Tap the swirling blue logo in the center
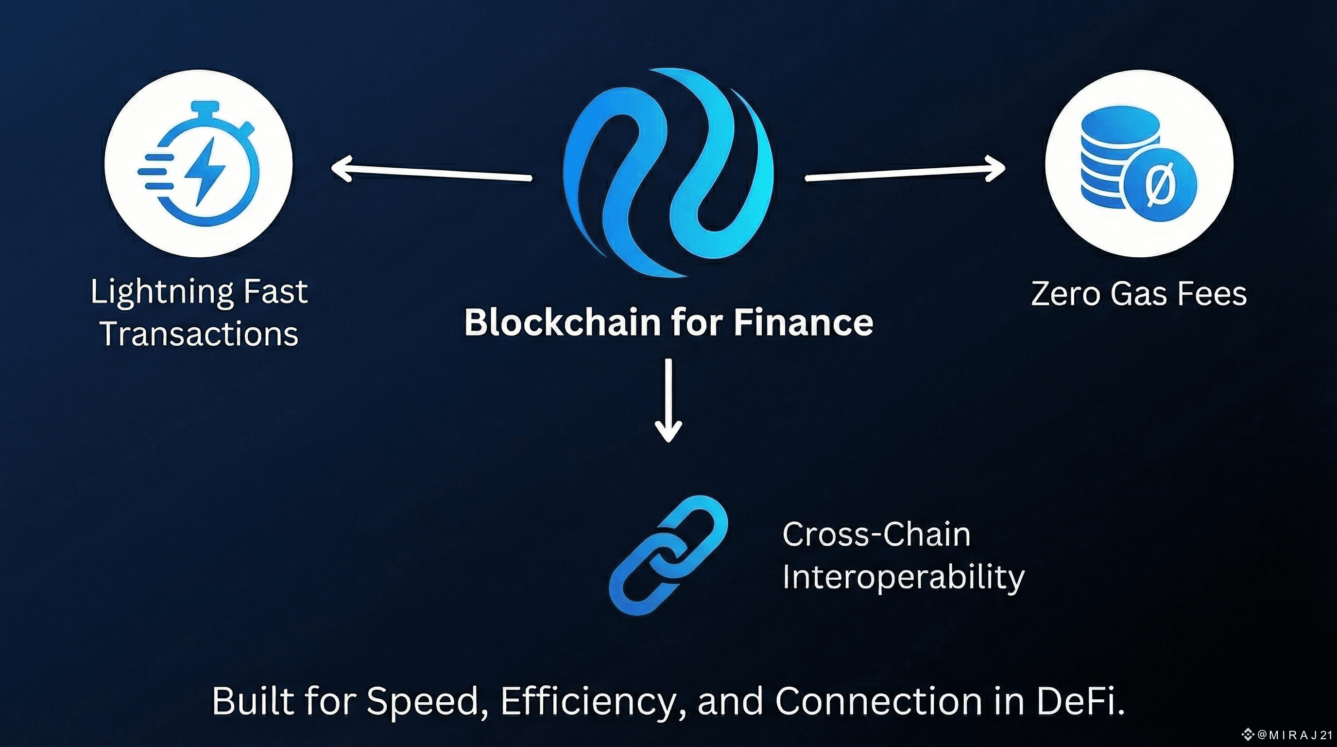(x=668, y=171)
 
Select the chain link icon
(x=668, y=555)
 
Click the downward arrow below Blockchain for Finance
(x=668, y=400)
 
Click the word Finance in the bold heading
(x=803, y=322)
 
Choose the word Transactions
(x=199, y=334)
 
